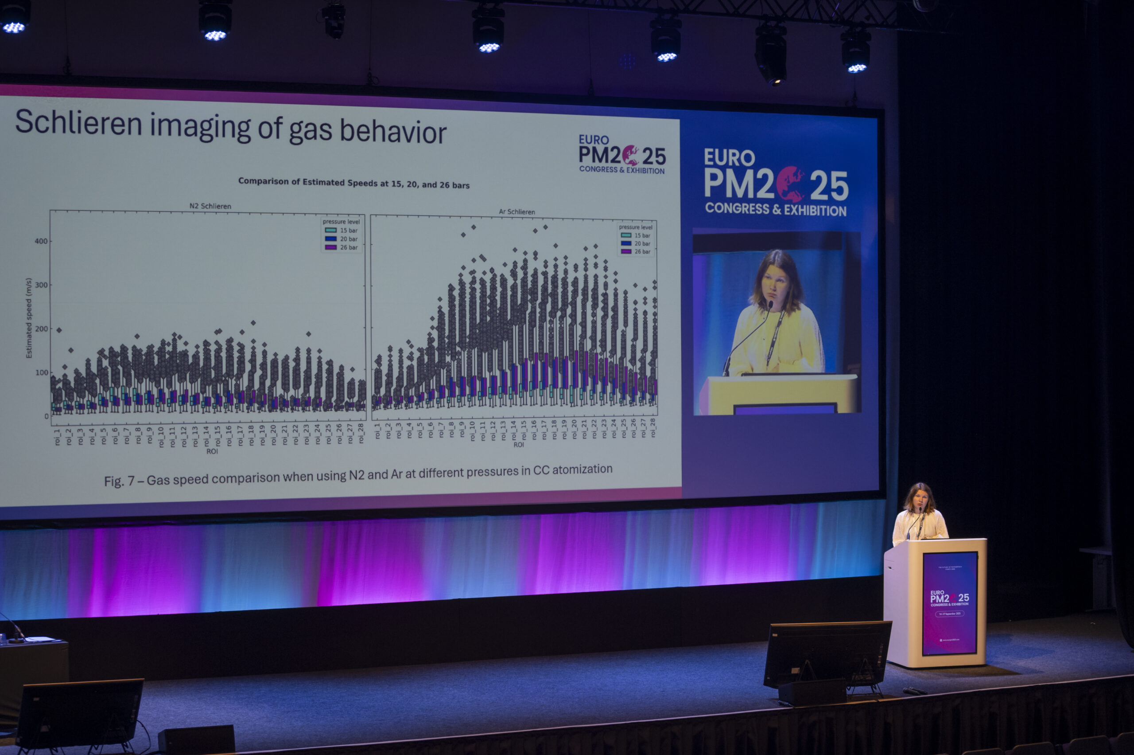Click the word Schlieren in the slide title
79,123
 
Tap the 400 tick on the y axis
41,241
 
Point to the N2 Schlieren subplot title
210,206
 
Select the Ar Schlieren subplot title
517,212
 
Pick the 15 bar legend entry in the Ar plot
636,235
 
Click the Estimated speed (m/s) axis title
29,318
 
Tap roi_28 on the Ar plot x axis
653,427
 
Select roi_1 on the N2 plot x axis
57,437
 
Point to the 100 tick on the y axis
41,373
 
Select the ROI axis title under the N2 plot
212,452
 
